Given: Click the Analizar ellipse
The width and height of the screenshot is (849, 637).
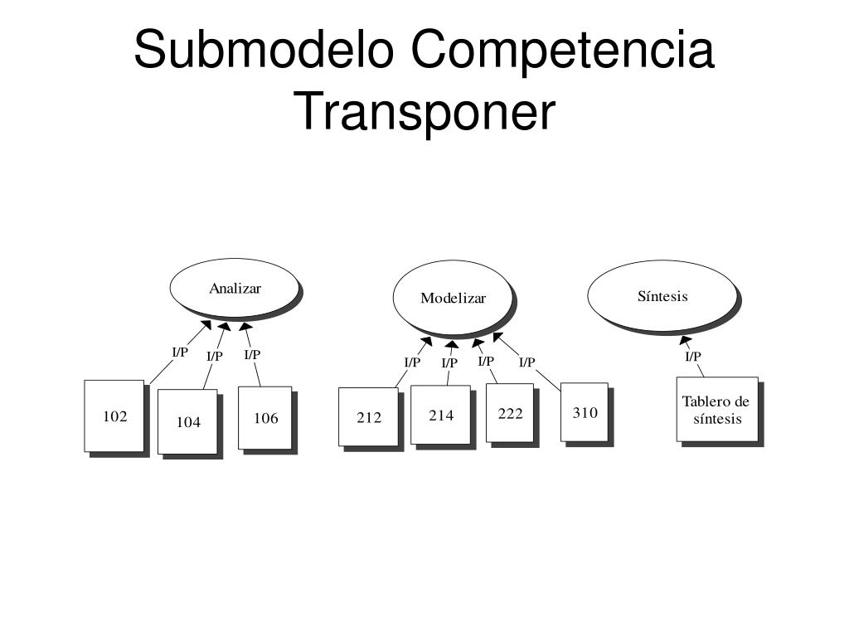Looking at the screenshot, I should coord(235,287).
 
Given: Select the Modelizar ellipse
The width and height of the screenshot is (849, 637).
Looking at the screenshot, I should coord(453,297).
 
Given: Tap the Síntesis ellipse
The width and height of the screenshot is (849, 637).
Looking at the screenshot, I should coord(662,295).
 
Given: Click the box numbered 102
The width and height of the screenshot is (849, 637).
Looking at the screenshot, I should coord(114,416).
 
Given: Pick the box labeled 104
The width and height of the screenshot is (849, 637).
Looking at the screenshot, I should coord(188,421).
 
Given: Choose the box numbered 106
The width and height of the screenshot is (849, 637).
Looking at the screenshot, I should coord(265,417).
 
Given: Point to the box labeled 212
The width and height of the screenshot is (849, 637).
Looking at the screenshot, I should coord(369,416).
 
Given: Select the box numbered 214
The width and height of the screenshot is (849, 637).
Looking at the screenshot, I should coord(441,414).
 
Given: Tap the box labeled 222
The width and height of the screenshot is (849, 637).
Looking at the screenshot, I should coord(510,412).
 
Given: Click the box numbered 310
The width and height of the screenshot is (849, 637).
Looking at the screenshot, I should coord(585,411).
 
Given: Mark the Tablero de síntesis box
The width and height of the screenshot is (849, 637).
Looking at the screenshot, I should coord(717,409).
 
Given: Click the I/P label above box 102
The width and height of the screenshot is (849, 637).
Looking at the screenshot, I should coord(180,352).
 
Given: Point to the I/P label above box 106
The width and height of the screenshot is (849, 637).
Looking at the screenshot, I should coord(252,354).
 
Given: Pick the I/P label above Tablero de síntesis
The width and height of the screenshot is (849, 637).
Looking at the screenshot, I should coord(693,357).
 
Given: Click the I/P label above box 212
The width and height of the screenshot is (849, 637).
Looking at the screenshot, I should coord(412,362).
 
